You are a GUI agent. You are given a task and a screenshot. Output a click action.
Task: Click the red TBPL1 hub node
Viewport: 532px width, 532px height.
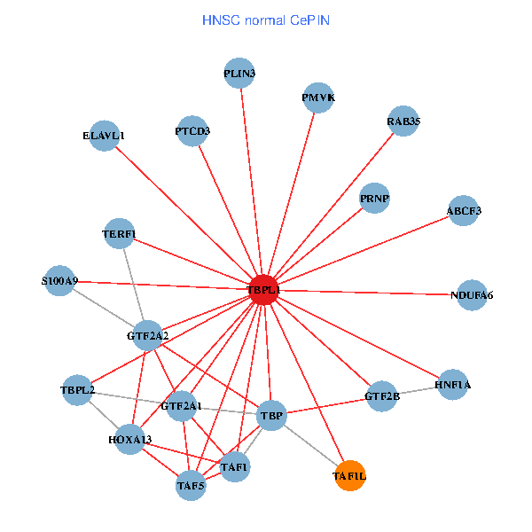click(x=262, y=289)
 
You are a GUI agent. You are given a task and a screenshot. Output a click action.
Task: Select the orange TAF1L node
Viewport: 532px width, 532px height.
click(x=349, y=476)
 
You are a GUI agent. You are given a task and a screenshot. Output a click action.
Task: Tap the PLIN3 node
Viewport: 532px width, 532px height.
click(x=239, y=74)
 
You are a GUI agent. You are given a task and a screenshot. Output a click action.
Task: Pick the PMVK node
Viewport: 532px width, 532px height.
click(x=318, y=98)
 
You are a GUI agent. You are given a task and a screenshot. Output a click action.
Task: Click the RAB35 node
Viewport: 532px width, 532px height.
click(x=403, y=121)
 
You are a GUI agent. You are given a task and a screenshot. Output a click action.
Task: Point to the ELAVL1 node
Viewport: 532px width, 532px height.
click(x=105, y=136)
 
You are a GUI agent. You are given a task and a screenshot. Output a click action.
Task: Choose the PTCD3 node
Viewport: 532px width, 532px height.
click(x=192, y=131)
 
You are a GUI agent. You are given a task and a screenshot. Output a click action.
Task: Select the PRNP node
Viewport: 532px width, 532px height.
click(x=375, y=197)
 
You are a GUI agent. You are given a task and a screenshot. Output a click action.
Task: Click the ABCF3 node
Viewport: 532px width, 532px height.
click(x=464, y=211)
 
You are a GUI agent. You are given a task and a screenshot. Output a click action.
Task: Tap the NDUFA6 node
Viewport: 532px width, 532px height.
click(x=471, y=294)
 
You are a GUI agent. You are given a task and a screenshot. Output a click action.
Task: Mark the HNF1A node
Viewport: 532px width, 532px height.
click(x=453, y=385)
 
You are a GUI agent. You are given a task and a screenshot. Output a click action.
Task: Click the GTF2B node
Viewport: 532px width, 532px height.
click(x=382, y=395)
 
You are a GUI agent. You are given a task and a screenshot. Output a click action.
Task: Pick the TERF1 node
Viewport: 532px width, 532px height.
click(x=119, y=234)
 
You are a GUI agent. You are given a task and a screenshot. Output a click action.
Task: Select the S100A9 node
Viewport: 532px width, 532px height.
click(x=59, y=281)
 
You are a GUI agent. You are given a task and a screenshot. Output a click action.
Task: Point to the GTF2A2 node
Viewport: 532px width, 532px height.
click(x=148, y=336)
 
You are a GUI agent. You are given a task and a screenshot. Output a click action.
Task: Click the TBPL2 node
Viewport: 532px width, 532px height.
click(x=77, y=389)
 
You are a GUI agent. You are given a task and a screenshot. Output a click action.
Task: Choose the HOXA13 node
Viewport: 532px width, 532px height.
click(x=130, y=440)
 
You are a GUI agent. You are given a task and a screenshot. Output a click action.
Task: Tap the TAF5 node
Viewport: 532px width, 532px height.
click(x=191, y=485)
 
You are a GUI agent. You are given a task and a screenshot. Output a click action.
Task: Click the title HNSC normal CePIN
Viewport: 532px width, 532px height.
click(x=266, y=20)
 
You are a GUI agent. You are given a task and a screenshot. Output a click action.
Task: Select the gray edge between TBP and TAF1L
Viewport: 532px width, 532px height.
click(x=310, y=445)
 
